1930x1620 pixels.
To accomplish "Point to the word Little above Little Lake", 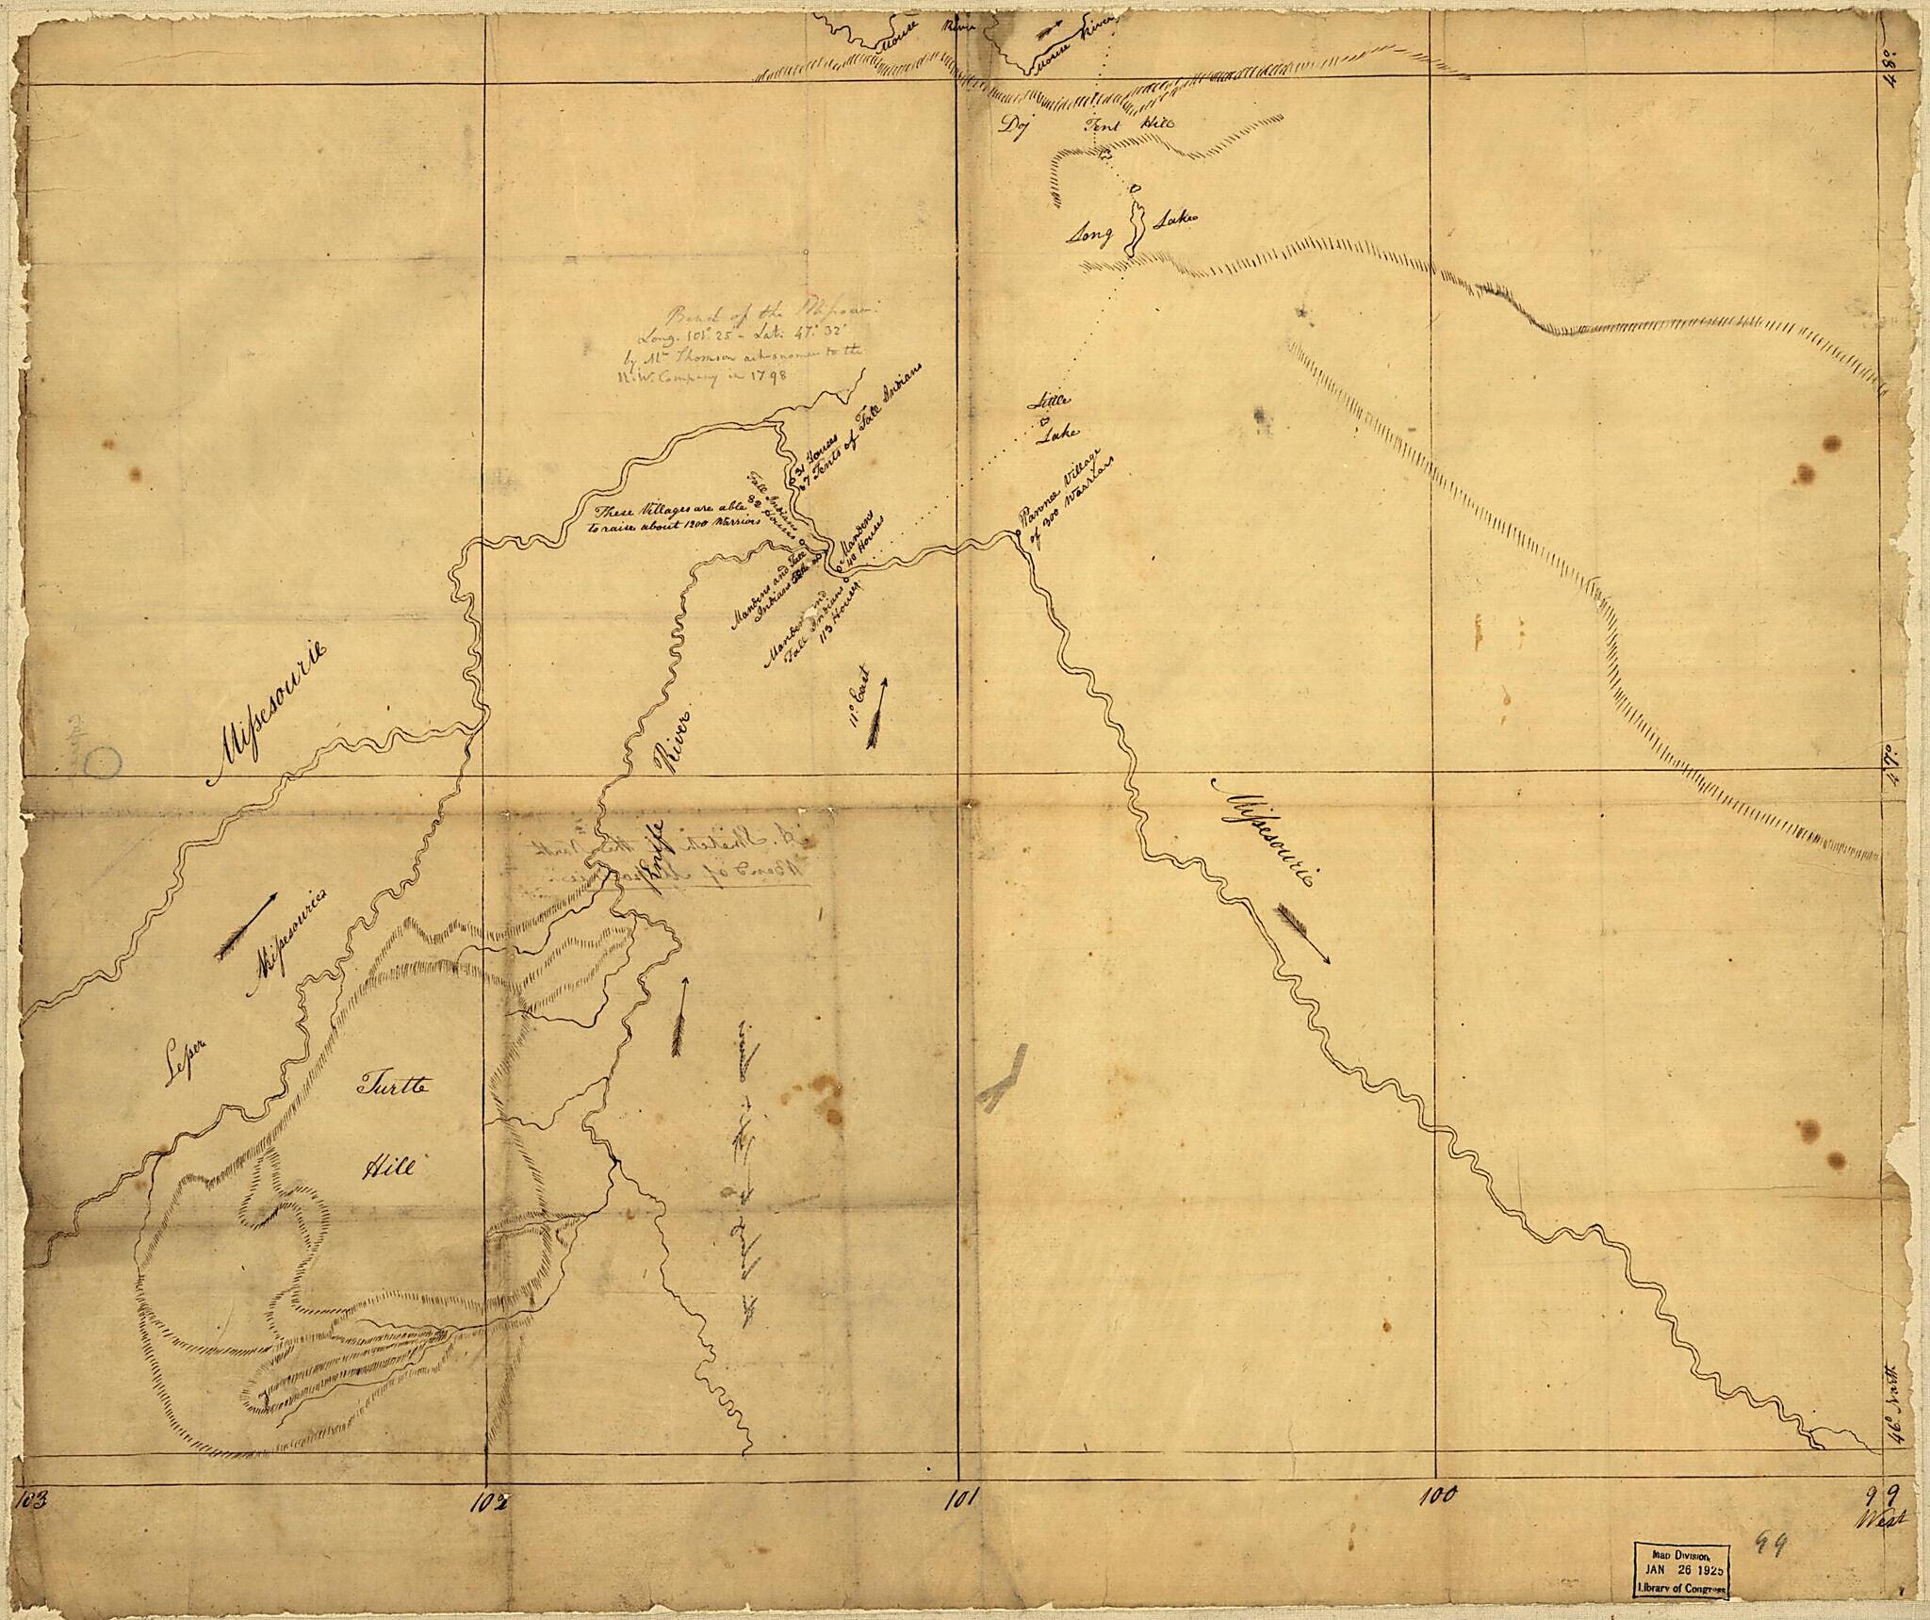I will coord(1053,401).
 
